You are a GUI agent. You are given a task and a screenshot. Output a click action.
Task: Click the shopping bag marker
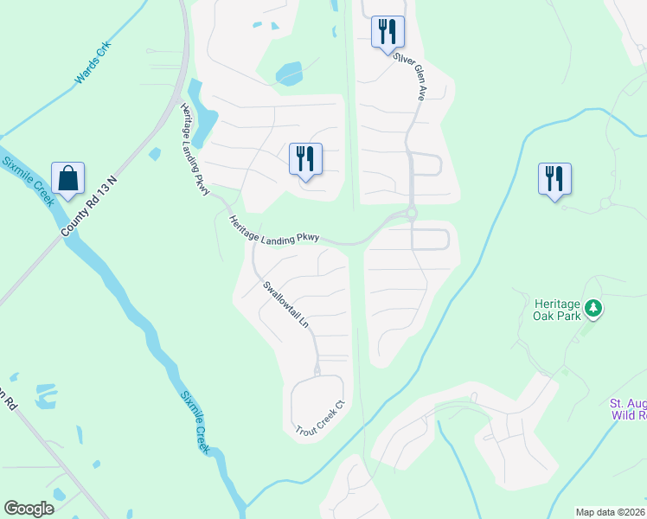pos(67,178)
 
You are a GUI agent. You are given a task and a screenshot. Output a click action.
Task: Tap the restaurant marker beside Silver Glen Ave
pos(387,33)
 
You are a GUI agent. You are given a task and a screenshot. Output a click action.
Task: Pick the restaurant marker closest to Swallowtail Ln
pos(304,159)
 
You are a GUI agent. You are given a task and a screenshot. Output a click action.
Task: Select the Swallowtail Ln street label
pos(285,304)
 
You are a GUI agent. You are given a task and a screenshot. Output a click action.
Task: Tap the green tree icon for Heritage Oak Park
pos(593,307)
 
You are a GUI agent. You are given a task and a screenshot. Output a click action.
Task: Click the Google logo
pos(29,508)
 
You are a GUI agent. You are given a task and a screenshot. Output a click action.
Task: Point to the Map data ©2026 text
pos(611,512)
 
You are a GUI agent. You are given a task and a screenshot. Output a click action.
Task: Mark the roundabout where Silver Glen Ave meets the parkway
pos(412,213)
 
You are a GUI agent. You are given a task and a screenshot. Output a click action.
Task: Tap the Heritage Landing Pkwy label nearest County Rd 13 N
pos(195,149)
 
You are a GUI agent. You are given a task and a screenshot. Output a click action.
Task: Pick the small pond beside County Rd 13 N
pos(155,155)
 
